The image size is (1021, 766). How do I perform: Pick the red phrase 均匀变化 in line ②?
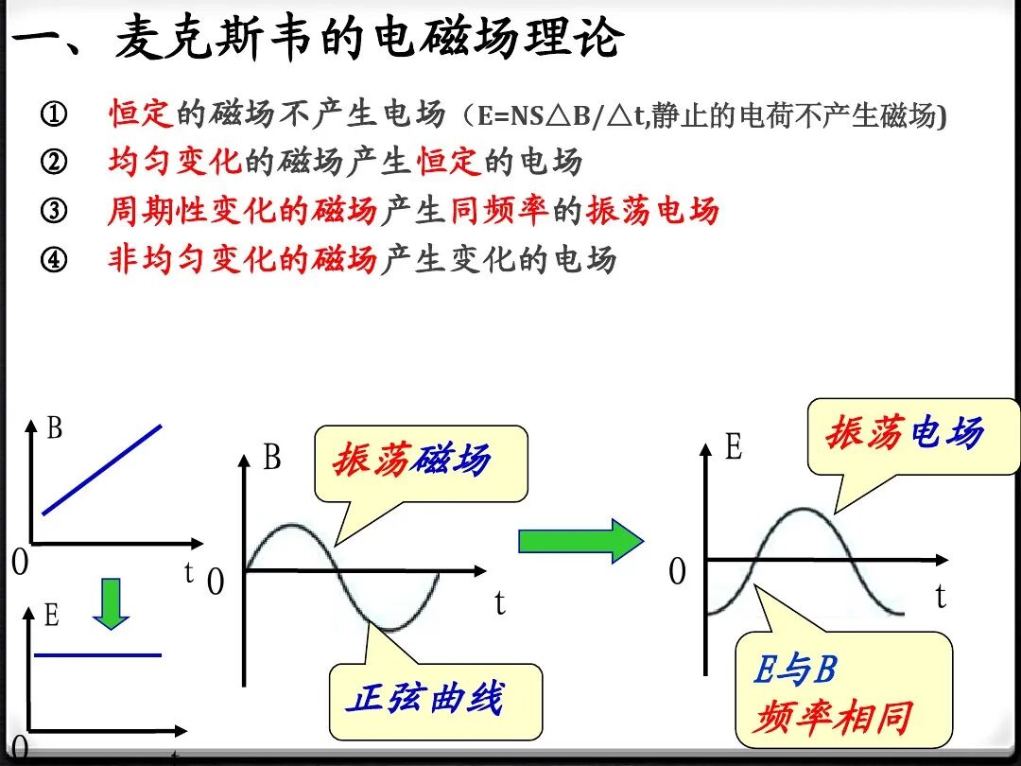(175, 163)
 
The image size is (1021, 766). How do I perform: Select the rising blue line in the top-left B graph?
(102, 469)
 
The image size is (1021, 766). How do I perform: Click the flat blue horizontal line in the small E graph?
(97, 654)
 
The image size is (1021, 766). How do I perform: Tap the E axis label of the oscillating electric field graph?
(734, 447)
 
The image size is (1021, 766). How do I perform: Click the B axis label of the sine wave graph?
(272, 459)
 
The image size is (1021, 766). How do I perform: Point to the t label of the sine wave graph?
(499, 602)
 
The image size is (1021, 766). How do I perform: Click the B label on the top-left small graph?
(54, 428)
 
